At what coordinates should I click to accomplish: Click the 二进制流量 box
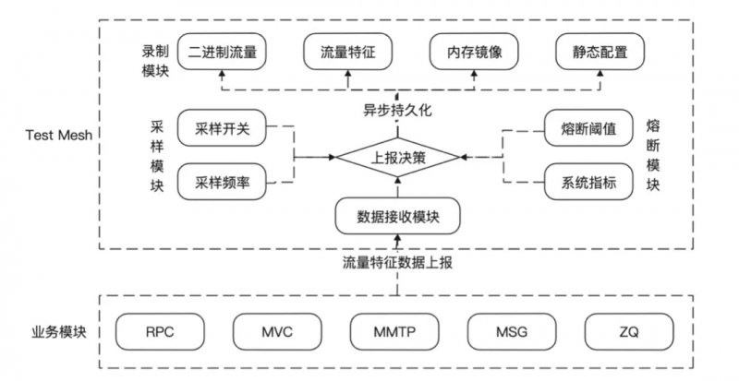pos(222,52)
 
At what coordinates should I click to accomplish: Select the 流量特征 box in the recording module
pos(348,52)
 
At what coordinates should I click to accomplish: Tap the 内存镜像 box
pos(474,52)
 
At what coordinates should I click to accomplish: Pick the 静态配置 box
pos(600,52)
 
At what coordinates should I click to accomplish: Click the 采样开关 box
pos(222,128)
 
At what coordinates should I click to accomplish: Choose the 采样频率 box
pos(222,182)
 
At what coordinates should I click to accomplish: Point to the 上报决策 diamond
pos(397,158)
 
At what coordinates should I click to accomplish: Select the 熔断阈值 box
pos(588,128)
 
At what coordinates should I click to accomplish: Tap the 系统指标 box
pos(588,182)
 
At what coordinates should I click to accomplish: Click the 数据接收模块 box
pos(398,216)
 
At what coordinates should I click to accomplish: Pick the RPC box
pos(160,332)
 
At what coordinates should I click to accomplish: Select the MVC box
pos(277,332)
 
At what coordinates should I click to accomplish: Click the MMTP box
pos(394,332)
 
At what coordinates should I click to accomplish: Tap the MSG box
pos(512,332)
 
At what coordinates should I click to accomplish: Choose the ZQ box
pos(629,332)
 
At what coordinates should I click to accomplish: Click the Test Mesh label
pos(59,136)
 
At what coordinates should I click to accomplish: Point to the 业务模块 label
pos(59,332)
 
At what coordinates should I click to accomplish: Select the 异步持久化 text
pos(397,110)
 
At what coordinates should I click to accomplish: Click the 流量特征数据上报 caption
pos(397,263)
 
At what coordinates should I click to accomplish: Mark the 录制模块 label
pos(155,61)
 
